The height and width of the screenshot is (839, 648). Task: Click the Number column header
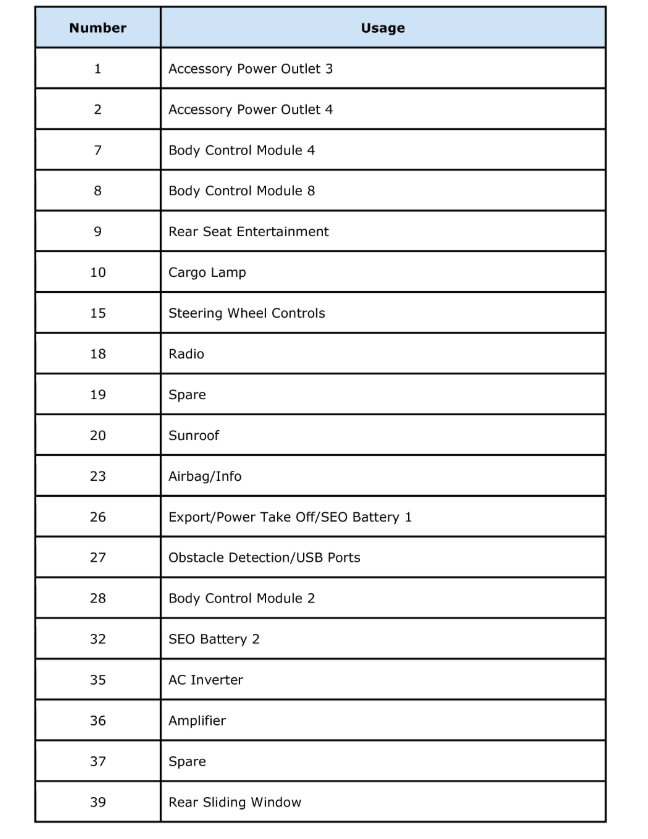point(98,28)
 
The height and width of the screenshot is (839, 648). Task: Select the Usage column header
point(382,28)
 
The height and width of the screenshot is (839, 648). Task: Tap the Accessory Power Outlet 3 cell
point(250,69)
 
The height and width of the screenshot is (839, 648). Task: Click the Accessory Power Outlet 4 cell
point(250,110)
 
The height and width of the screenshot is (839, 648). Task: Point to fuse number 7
point(98,150)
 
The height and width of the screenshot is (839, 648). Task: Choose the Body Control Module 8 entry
point(241,191)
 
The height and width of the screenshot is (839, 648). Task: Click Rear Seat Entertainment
point(248,232)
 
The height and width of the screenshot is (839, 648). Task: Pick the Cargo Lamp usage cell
point(207,272)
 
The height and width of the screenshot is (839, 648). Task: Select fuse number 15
point(98,313)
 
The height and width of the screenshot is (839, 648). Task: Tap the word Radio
point(186,354)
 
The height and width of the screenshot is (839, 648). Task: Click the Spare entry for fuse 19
point(187,395)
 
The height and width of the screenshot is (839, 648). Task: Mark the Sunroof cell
point(193,436)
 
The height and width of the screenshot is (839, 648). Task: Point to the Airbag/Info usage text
point(204,476)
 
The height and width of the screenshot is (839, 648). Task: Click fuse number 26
point(98,517)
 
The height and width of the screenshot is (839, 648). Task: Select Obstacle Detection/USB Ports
point(264,558)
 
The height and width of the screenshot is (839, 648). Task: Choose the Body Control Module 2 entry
point(241,598)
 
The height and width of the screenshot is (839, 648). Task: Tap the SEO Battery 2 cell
point(213,639)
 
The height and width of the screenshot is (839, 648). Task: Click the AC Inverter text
point(205,680)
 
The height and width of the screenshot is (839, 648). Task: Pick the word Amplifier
point(197,721)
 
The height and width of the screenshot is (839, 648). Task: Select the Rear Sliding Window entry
point(234,802)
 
